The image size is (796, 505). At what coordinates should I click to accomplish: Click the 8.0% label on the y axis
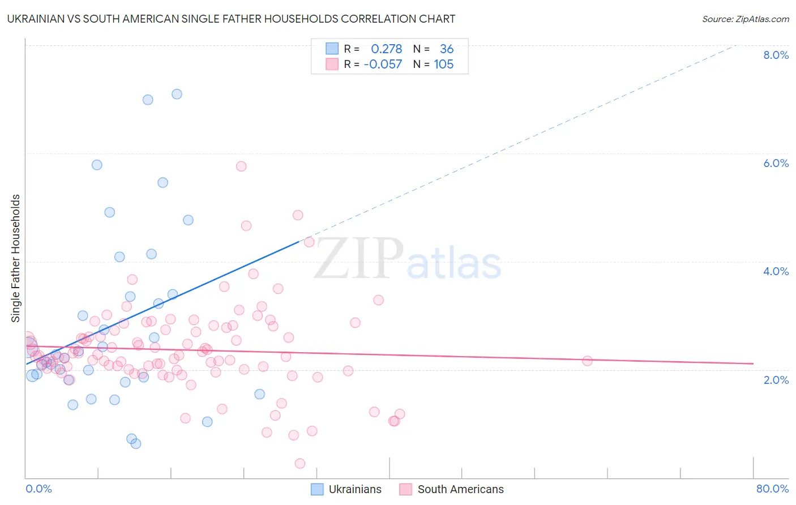pyautogui.click(x=776, y=55)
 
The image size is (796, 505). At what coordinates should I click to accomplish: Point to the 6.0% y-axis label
pyautogui.click(x=776, y=163)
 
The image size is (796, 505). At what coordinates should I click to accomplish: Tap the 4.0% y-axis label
pyautogui.click(x=776, y=271)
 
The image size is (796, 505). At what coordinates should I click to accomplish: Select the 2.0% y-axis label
pyautogui.click(x=776, y=379)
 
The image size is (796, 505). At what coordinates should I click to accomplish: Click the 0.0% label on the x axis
pyautogui.click(x=38, y=489)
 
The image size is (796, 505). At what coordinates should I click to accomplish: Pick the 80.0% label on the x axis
pyautogui.click(x=772, y=489)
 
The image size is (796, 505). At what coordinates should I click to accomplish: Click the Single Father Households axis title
pyautogui.click(x=15, y=258)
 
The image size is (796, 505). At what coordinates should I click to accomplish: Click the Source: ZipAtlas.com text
pyautogui.click(x=745, y=19)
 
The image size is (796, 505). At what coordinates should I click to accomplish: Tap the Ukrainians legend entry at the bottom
pyautogui.click(x=355, y=489)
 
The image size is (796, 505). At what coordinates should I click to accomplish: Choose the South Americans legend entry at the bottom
pyautogui.click(x=460, y=489)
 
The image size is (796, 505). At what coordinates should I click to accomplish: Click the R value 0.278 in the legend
pyautogui.click(x=386, y=49)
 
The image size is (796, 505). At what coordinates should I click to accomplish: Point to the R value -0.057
pyautogui.click(x=383, y=64)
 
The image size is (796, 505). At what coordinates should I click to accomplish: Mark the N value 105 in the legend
pyautogui.click(x=444, y=64)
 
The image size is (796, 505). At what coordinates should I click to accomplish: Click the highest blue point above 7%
pyautogui.click(x=177, y=94)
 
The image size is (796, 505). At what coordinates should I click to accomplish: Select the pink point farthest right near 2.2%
pyautogui.click(x=587, y=361)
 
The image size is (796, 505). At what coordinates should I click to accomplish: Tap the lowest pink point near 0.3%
pyautogui.click(x=300, y=463)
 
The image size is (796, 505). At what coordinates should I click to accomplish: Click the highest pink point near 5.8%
pyautogui.click(x=241, y=166)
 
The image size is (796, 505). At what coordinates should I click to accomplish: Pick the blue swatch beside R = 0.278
pyautogui.click(x=332, y=49)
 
